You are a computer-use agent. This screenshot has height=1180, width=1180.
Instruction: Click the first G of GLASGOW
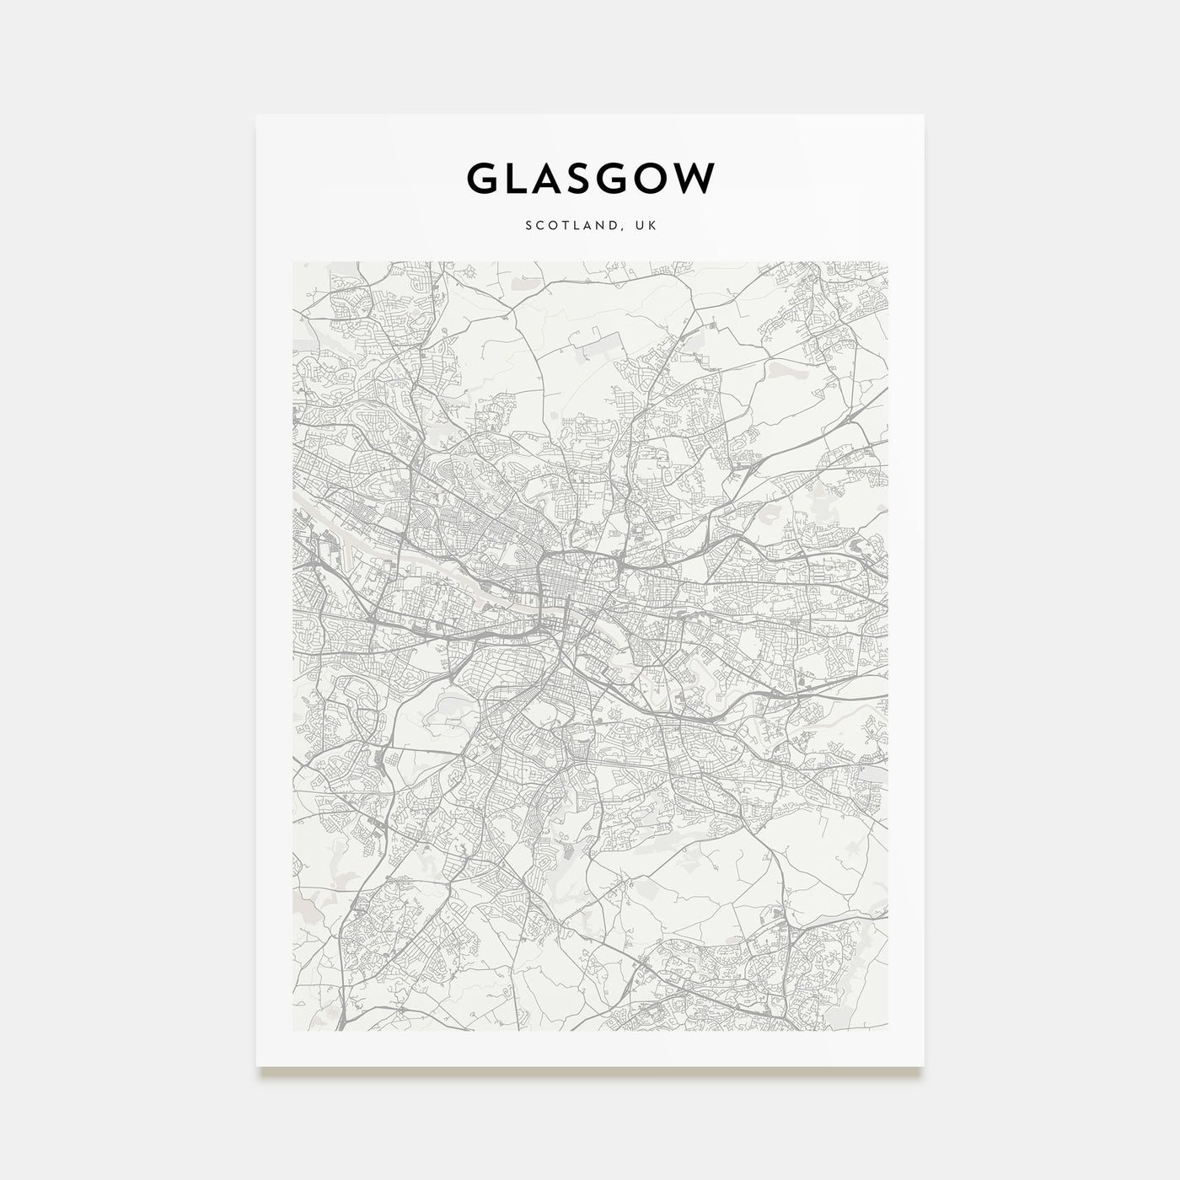click(x=479, y=178)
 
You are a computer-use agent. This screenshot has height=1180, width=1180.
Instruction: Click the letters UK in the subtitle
click(x=648, y=226)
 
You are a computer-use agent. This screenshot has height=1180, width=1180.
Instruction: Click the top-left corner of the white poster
click(x=257, y=115)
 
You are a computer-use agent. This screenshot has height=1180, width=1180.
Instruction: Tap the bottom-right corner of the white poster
click(x=924, y=1065)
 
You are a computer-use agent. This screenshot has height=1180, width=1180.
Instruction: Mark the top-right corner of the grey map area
click(x=888, y=262)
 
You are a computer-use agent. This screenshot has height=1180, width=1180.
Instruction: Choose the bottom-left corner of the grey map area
click(x=292, y=1030)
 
